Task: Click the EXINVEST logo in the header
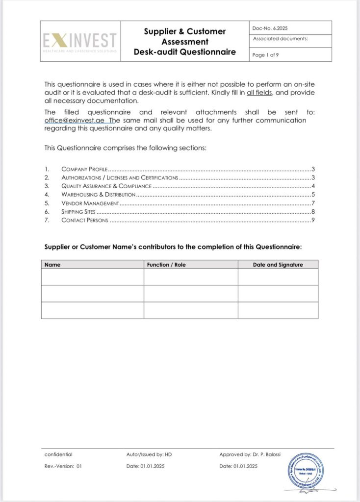[x=79, y=41]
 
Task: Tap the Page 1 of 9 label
[x=265, y=55]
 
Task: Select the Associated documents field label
[x=281, y=39]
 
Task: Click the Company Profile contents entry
[x=84, y=169]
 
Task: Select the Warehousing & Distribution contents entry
[x=98, y=195]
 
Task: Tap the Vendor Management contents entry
[x=90, y=203]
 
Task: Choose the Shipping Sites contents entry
[x=78, y=212]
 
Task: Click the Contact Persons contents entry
[x=84, y=221]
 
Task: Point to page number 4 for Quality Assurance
[x=312, y=186]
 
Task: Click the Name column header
[x=52, y=265]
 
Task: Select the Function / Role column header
[x=166, y=265]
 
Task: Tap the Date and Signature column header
[x=278, y=265]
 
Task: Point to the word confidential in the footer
[x=58, y=454]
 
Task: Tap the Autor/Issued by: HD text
[x=149, y=454]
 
